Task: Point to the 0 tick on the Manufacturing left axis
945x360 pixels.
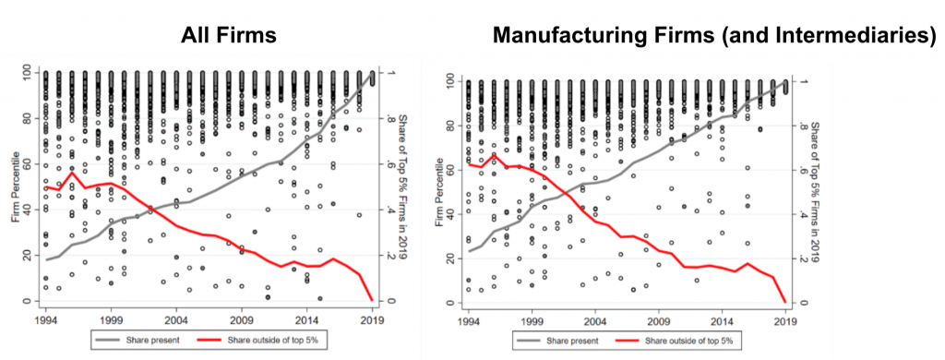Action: coord(454,303)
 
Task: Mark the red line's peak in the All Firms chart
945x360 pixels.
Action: coord(73,173)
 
